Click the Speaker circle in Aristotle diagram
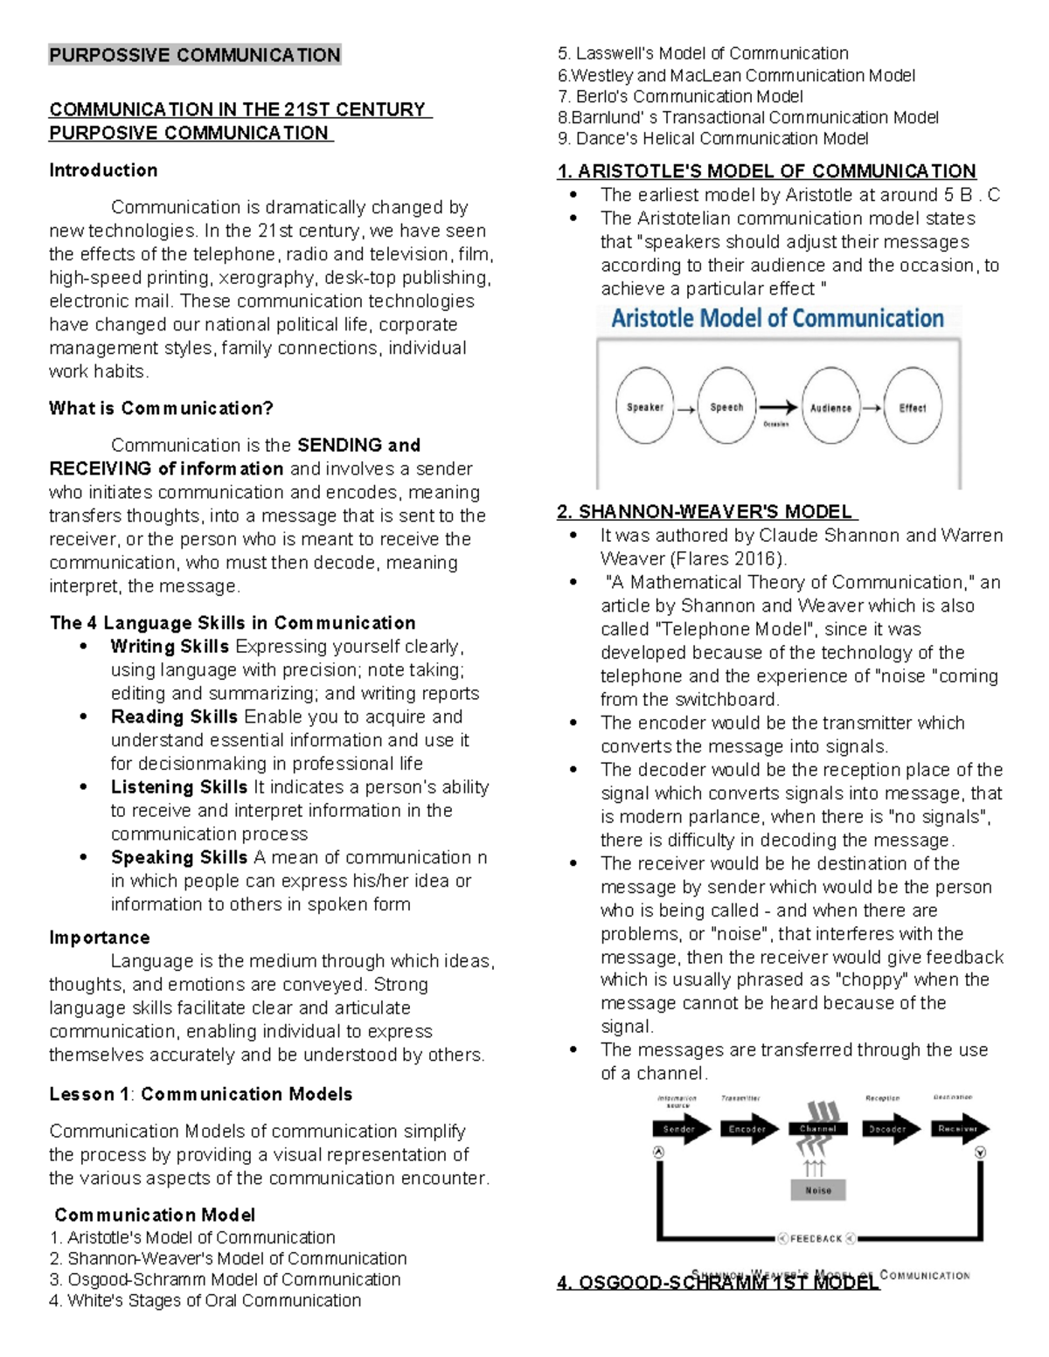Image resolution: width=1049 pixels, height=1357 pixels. [645, 406]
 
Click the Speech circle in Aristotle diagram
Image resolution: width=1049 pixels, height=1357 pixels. [726, 406]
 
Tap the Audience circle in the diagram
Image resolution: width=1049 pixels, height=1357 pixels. [830, 407]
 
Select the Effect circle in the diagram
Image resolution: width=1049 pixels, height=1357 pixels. [913, 407]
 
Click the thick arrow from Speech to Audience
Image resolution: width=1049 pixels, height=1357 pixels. [777, 407]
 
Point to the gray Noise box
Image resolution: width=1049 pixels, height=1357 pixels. [818, 1190]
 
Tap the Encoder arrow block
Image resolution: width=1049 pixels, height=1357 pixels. [749, 1129]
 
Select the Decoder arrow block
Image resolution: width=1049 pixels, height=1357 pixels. [889, 1129]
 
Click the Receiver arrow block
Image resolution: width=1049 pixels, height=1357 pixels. [959, 1129]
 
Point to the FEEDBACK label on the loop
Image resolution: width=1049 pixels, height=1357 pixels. [816, 1238]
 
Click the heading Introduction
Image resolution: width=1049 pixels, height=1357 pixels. [103, 170]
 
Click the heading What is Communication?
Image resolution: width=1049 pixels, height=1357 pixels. [161, 408]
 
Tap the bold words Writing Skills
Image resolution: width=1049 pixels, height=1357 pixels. [170, 647]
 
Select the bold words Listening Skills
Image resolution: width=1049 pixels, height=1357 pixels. [179, 787]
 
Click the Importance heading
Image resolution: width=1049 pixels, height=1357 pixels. [100, 938]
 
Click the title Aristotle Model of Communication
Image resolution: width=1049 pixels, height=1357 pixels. [777, 318]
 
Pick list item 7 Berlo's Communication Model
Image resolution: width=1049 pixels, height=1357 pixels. [680, 96]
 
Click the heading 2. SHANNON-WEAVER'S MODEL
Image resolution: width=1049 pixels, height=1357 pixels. [706, 512]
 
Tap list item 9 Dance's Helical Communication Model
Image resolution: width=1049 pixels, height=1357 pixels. [712, 138]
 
